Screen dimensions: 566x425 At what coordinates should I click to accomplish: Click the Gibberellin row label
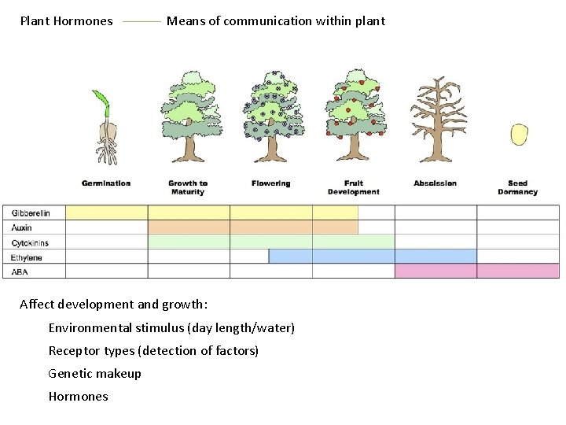(31, 213)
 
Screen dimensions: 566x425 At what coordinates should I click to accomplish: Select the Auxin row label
(22, 227)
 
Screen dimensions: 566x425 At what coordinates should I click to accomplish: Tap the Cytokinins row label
(30, 242)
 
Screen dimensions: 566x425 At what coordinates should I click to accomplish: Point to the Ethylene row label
(27, 257)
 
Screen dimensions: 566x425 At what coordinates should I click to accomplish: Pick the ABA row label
(20, 272)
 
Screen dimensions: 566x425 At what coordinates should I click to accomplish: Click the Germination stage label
(106, 183)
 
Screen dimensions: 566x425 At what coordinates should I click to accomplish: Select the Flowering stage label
(271, 183)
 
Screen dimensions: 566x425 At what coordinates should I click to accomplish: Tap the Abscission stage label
(435, 183)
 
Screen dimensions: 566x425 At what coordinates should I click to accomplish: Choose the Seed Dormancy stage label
(517, 187)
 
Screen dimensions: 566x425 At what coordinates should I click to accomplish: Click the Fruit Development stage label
(353, 187)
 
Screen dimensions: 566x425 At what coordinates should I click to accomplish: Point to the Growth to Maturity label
(188, 187)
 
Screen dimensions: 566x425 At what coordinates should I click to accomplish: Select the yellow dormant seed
(518, 134)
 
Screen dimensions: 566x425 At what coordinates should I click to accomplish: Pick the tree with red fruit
(354, 114)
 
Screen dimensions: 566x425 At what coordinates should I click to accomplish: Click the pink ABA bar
(476, 271)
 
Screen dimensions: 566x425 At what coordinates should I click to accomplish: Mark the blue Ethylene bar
(373, 257)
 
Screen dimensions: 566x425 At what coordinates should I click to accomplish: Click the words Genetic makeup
(94, 373)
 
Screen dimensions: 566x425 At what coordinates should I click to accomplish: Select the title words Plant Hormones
(66, 21)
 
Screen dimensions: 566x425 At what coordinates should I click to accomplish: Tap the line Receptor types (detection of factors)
(153, 350)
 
